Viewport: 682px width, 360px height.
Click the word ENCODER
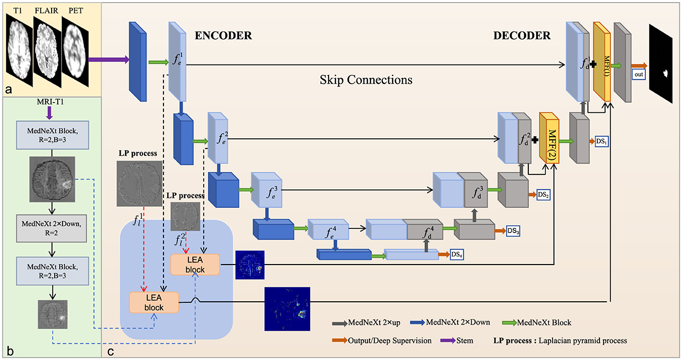click(x=223, y=37)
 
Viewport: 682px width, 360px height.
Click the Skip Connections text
click(x=365, y=80)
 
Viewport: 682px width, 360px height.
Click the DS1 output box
click(x=600, y=141)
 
